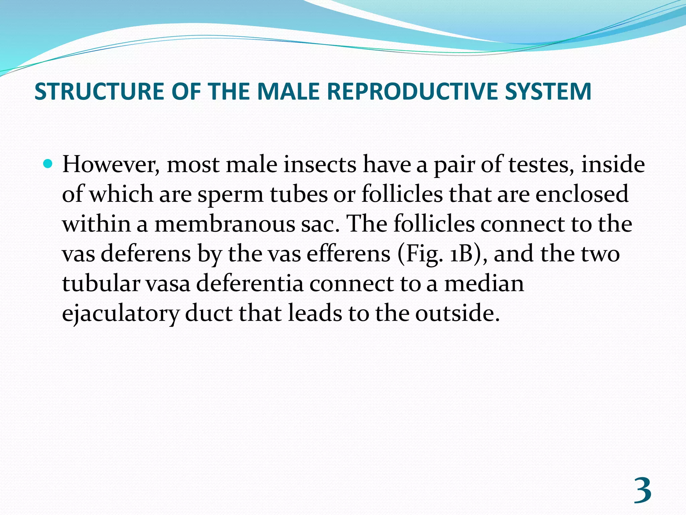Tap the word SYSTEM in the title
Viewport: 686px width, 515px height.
pyautogui.click(x=548, y=91)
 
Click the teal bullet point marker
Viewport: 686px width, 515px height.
pyautogui.click(x=49, y=164)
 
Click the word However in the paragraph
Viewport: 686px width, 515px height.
pyautogui.click(x=111, y=165)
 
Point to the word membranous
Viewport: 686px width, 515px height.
pyautogui.click(x=225, y=224)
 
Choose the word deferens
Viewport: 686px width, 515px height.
pyautogui.click(x=146, y=253)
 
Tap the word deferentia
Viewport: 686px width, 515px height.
pyautogui.click(x=250, y=283)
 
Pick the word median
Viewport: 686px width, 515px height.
pyautogui.click(x=484, y=283)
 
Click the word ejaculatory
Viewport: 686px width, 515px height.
pyautogui.click(x=121, y=313)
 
